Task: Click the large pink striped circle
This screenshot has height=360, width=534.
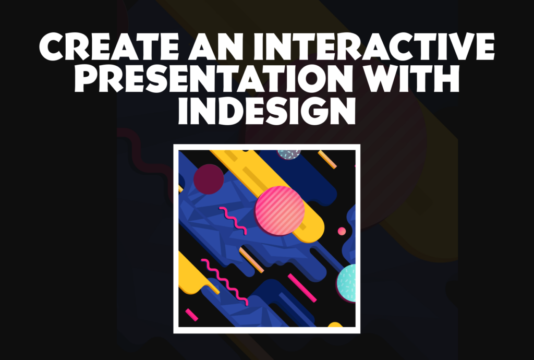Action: point(280,211)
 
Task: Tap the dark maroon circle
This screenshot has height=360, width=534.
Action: point(209,179)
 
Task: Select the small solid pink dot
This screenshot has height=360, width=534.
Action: point(342,231)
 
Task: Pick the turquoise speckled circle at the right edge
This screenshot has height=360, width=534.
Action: point(347,283)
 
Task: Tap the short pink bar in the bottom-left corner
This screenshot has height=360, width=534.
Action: point(191,315)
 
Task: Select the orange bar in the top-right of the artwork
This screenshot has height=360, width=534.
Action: point(327,160)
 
